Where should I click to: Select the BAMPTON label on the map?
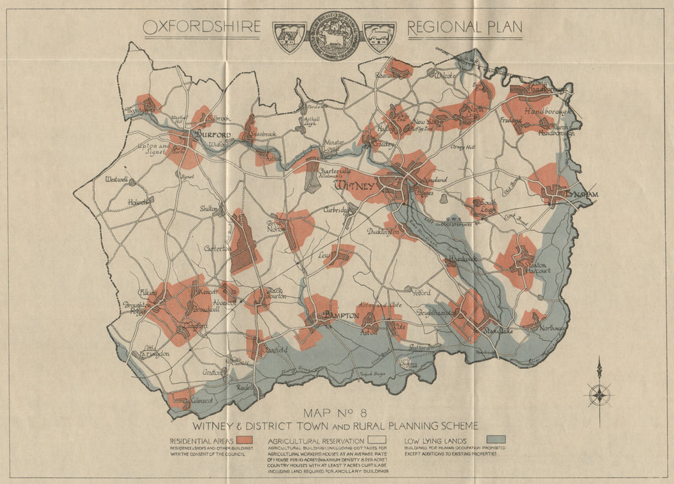click(x=338, y=315)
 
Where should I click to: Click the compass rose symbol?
click(x=599, y=394)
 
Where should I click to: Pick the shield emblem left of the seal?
click(x=289, y=37)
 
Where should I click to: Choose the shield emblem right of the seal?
click(x=379, y=37)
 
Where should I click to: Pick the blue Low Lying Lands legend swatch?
click(x=495, y=439)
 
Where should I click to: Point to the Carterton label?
click(x=218, y=248)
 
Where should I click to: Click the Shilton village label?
click(x=208, y=209)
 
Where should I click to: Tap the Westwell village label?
click(x=116, y=180)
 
